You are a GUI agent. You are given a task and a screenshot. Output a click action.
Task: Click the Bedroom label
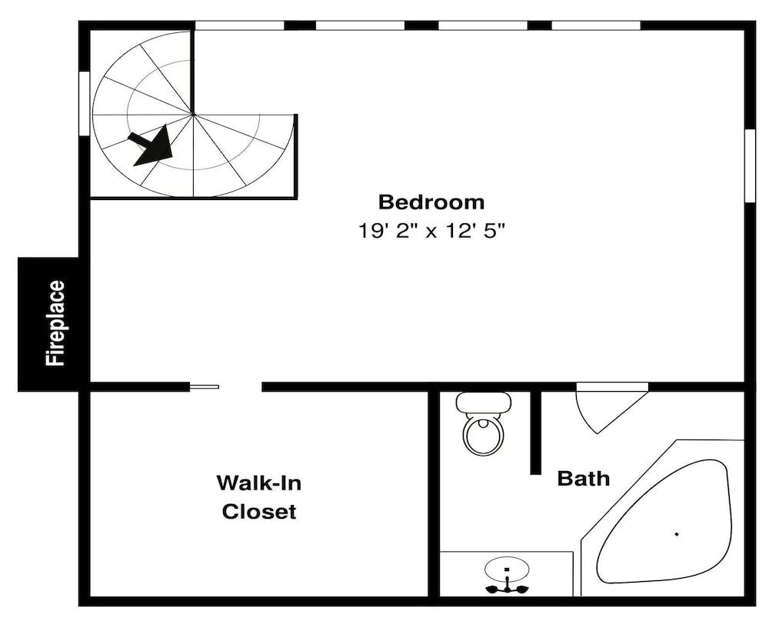pos(431,202)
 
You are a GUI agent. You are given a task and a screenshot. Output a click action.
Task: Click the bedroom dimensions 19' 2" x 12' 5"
pos(431,230)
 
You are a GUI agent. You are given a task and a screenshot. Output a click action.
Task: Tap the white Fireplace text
pos(55,323)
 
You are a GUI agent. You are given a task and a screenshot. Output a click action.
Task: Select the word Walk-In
pos(259,483)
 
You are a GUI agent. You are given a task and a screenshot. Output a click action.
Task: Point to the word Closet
pos(259,512)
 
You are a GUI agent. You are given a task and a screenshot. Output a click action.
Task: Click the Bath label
pos(584,478)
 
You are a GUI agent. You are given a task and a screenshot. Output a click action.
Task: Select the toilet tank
pos(484,403)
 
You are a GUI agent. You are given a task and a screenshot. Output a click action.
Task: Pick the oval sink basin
pos(507,569)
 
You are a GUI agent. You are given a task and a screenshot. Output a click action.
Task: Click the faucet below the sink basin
pos(507,587)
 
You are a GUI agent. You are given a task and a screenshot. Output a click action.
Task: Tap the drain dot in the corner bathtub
pos(677,534)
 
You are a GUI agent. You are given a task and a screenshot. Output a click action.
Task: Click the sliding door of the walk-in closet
pos(204,387)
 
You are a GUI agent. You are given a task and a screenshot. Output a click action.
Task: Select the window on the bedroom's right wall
pos(750,165)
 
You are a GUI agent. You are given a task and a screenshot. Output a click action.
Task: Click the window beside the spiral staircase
pos(85,103)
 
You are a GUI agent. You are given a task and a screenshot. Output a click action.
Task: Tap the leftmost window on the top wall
pos(240,25)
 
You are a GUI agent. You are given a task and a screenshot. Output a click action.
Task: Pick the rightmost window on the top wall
pos(597,25)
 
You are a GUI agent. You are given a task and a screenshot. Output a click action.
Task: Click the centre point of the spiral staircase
pos(193,115)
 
